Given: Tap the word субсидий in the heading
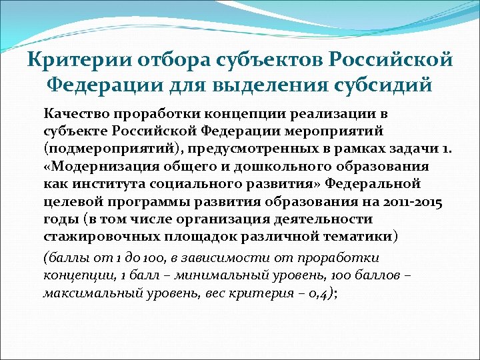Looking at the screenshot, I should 382,85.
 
